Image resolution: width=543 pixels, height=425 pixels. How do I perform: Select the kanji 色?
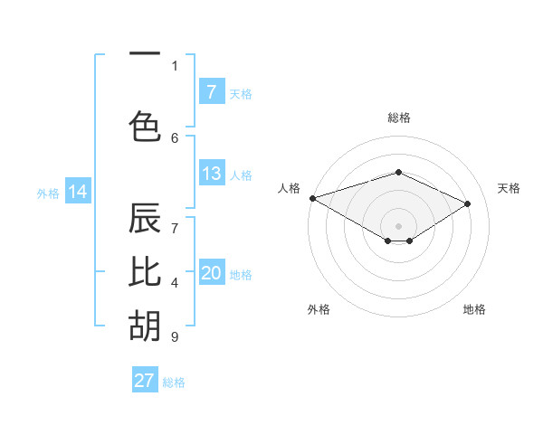coord(145,126)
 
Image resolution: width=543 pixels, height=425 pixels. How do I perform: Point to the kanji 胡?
coord(145,326)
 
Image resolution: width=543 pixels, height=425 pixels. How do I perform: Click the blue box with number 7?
coord(211,91)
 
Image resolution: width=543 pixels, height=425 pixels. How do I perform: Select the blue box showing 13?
coord(211,174)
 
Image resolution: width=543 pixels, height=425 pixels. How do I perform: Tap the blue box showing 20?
coord(211,273)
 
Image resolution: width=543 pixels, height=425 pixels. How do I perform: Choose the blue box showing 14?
coord(78,192)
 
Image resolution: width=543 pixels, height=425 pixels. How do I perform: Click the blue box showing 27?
coord(145,381)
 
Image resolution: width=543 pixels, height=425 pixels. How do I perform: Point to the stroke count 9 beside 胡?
coord(174,337)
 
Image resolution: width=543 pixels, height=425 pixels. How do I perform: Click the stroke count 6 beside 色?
coord(175,137)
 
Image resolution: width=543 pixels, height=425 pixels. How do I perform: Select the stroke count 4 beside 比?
coord(174,284)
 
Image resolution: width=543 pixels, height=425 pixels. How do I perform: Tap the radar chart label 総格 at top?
coord(398,118)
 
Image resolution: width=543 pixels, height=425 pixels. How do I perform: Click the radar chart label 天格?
coord(509,188)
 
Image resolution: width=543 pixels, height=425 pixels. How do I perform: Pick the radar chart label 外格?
coord(318,309)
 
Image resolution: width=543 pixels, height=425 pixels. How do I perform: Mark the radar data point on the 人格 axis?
coord(312,198)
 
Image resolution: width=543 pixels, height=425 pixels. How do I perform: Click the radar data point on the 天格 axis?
coord(468,203)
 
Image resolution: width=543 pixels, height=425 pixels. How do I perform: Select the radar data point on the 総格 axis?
coord(398,172)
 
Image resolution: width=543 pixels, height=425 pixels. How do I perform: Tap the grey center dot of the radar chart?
coord(398,225)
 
